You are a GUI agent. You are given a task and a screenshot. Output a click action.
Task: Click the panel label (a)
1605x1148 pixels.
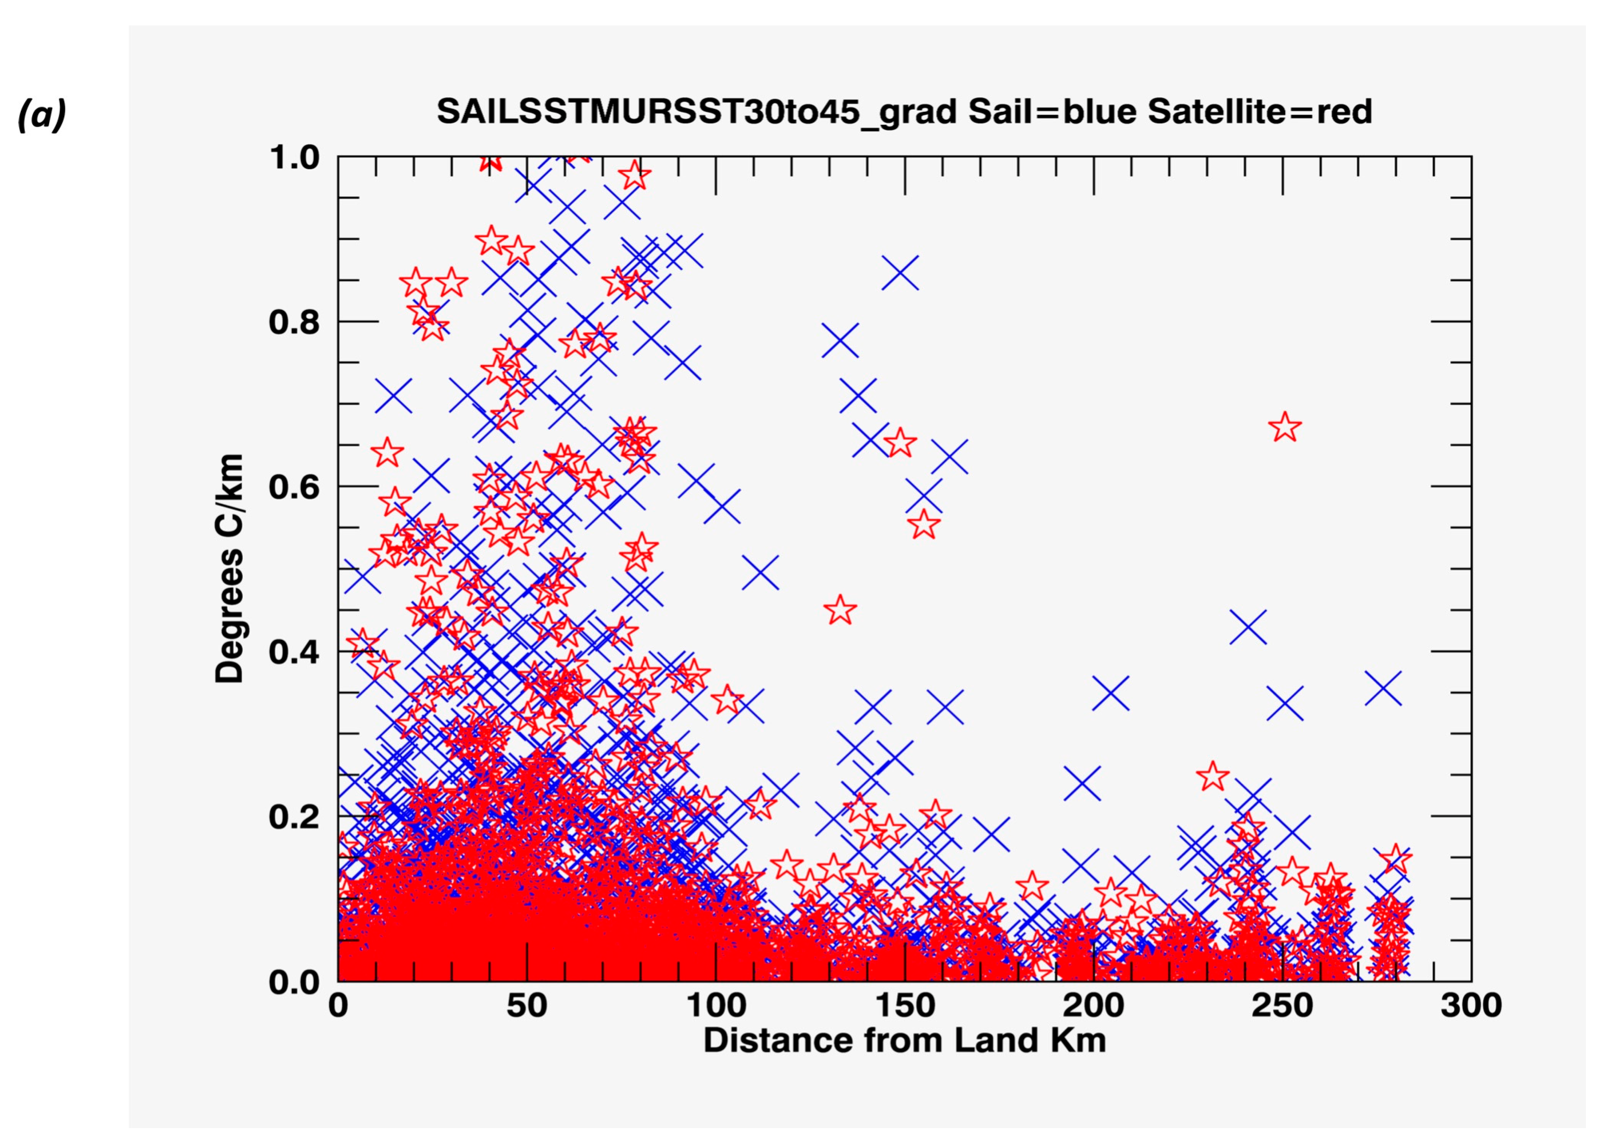pos(41,114)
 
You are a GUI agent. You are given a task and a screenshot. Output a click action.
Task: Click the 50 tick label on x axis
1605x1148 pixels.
pos(527,1006)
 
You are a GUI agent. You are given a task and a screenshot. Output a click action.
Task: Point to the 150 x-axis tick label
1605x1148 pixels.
pos(905,1006)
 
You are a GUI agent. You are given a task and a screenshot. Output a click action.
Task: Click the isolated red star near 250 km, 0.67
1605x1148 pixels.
pos(1285,427)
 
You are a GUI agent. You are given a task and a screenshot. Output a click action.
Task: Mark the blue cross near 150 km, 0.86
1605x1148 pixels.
pos(900,272)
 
